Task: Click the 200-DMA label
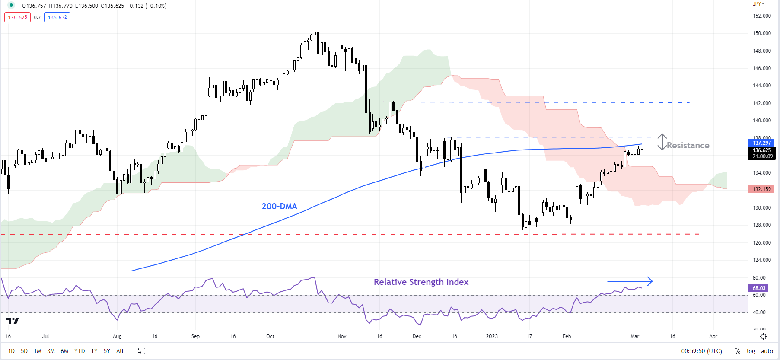pos(279,206)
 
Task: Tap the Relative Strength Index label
pos(421,282)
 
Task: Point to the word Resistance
pos(688,145)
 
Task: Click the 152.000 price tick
pos(762,16)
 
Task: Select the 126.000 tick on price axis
pos(762,242)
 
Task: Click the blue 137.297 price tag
pos(761,143)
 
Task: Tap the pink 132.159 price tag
pos(761,189)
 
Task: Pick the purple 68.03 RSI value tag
pos(758,288)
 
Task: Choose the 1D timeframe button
pos(11,351)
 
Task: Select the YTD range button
pos(80,351)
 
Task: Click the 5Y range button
pos(107,351)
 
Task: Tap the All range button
pos(120,351)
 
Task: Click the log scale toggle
pos(751,351)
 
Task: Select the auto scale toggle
pos(767,351)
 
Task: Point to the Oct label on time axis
pos(271,336)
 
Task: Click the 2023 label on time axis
pos(492,336)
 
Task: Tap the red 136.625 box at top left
pos(17,17)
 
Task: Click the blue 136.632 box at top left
pos(57,17)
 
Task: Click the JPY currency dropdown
pos(758,4)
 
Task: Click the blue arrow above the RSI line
pos(630,281)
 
